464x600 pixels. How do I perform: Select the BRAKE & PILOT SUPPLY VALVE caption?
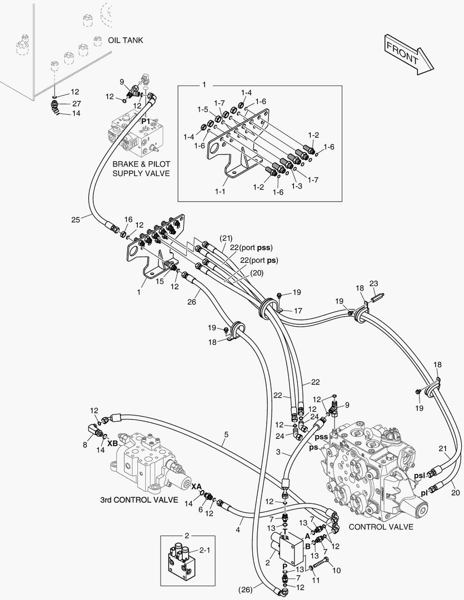141,169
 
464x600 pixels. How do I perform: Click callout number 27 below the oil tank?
77,103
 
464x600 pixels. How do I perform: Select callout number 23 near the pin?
373,283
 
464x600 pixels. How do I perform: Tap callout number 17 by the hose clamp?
298,311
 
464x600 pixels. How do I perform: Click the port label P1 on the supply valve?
146,121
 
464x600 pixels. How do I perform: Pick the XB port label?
112,444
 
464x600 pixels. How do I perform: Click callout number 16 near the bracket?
129,220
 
